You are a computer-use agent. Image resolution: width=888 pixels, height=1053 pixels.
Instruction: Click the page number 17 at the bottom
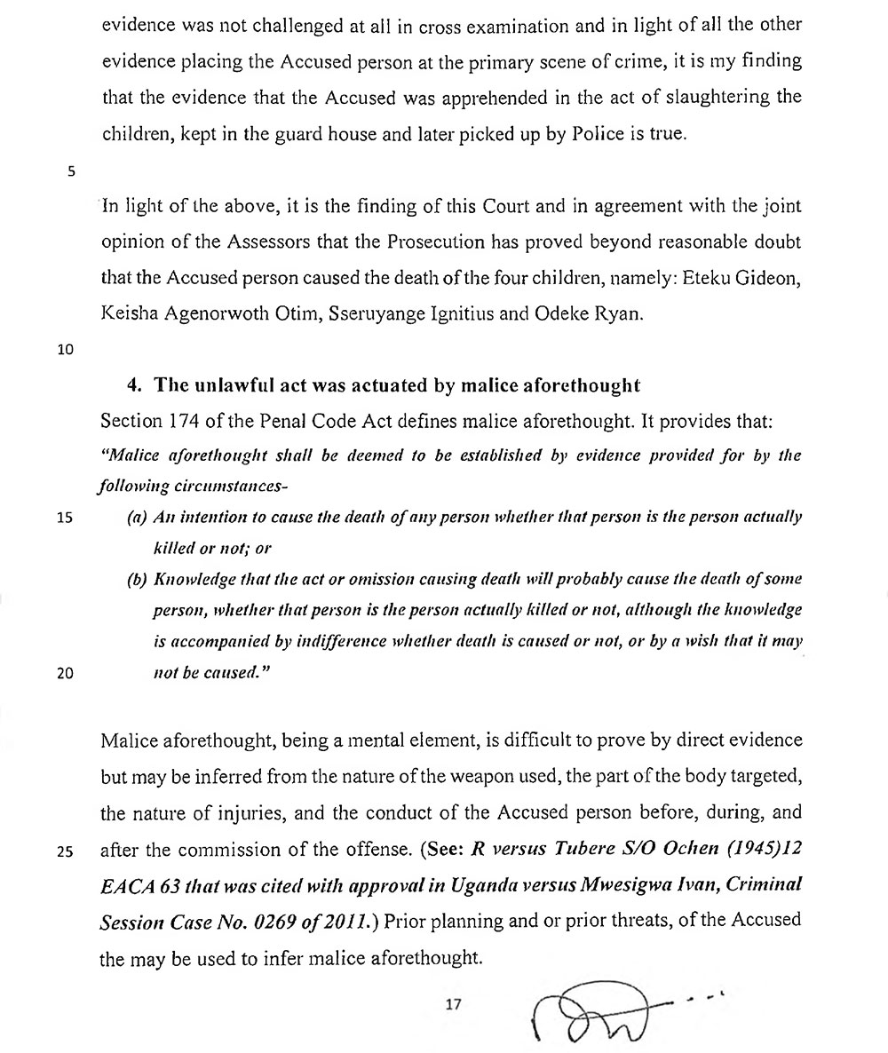pyautogui.click(x=455, y=1005)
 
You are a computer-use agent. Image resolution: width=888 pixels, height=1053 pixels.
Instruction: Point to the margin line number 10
pyautogui.click(x=66, y=349)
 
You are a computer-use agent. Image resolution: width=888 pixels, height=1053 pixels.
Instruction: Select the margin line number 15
pyautogui.click(x=66, y=518)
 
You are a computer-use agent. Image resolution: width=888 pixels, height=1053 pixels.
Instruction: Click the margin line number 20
pyautogui.click(x=66, y=672)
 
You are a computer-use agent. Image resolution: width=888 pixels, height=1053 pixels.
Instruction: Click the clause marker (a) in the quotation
pyautogui.click(x=138, y=518)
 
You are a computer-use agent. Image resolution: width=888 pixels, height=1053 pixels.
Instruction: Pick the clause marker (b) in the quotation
pyautogui.click(x=138, y=580)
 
